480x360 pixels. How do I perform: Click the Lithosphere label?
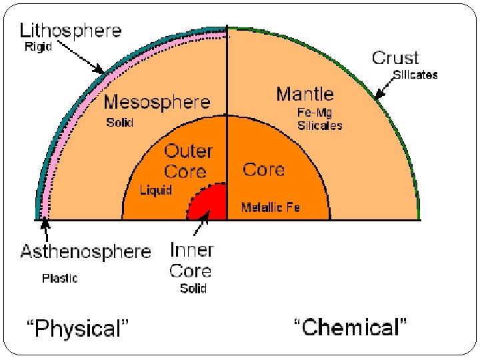pyautogui.click(x=71, y=30)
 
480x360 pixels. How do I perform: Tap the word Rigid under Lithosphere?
pyautogui.click(x=39, y=47)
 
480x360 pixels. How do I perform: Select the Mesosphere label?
pyautogui.click(x=157, y=103)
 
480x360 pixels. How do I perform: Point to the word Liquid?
pyautogui.click(x=155, y=190)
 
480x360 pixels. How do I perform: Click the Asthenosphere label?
pyautogui.click(x=86, y=252)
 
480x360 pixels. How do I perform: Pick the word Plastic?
pyautogui.click(x=60, y=278)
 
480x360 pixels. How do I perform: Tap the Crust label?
pyautogui.click(x=395, y=58)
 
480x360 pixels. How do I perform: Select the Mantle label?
pyautogui.click(x=305, y=94)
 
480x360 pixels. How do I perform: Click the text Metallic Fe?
pyautogui.click(x=271, y=207)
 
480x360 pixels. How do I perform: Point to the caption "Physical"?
pyautogui.click(x=77, y=328)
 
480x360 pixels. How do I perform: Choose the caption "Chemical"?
pyautogui.click(x=351, y=327)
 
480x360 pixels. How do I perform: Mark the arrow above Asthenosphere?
pyautogui.click(x=46, y=229)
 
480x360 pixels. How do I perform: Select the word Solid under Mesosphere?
pyautogui.click(x=120, y=123)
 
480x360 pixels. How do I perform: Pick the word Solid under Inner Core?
pyautogui.click(x=193, y=289)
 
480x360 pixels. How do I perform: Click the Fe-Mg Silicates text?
pyautogui.click(x=319, y=119)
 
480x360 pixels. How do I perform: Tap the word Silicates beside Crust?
pyautogui.click(x=415, y=75)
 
